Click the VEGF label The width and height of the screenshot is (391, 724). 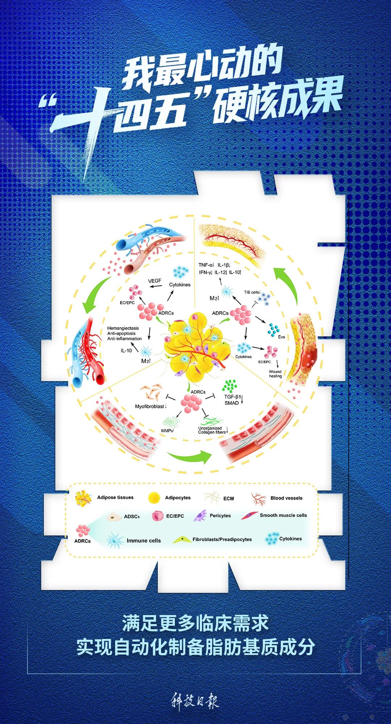tap(155, 281)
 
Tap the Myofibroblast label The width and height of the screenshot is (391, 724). tap(150, 407)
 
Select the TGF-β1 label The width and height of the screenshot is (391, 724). tap(232, 397)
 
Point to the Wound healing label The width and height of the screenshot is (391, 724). tap(275, 374)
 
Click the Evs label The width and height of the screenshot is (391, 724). tap(281, 337)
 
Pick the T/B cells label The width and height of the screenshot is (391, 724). tap(252, 292)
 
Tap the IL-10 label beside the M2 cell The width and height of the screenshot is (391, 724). tap(126, 350)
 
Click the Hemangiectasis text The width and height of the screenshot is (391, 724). tap(123, 328)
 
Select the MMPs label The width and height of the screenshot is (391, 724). tap(167, 431)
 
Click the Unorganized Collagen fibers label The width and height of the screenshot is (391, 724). tap(212, 430)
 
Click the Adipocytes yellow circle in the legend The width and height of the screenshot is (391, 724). tap(154, 498)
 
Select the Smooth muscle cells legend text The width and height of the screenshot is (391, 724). tap(283, 515)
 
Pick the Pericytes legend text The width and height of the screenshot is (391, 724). tap(220, 515)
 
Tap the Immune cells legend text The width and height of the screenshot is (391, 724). tap(143, 540)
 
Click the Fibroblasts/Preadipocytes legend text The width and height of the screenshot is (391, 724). tap(222, 539)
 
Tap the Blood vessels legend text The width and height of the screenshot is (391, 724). tap(286, 498)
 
